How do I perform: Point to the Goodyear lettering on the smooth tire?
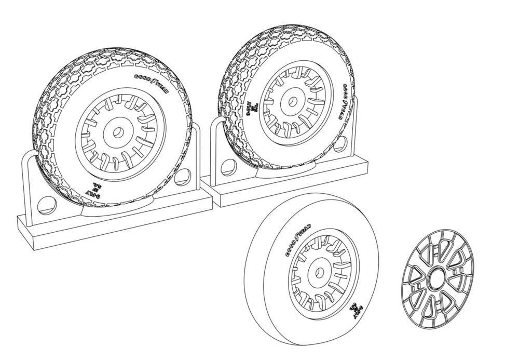point(296,242)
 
